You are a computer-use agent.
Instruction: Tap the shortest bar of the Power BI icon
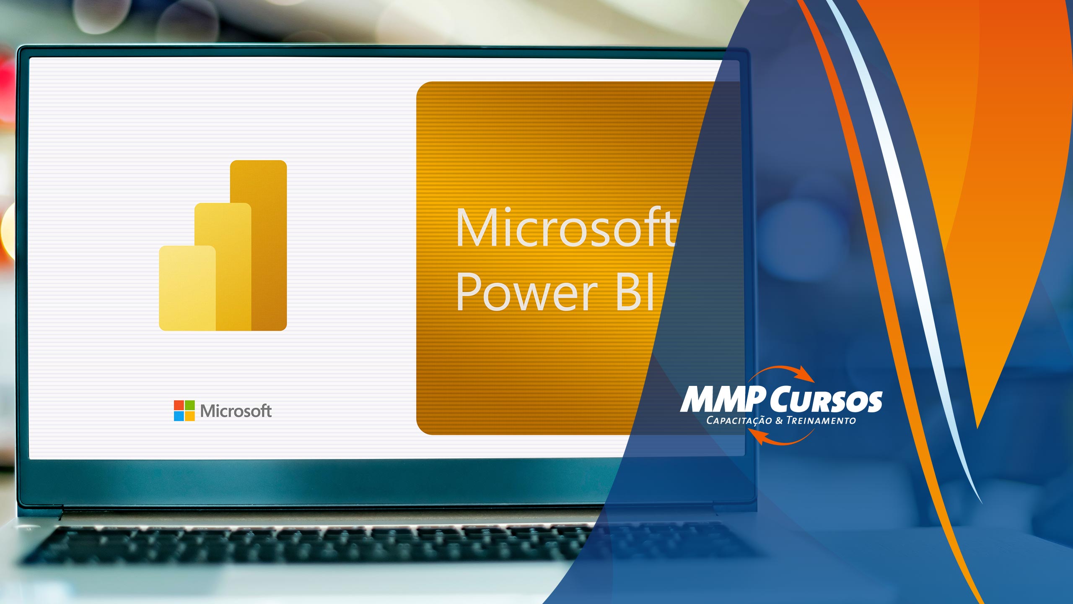[x=187, y=288]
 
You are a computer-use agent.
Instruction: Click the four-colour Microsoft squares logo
[x=184, y=411]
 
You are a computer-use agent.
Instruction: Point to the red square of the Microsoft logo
[x=179, y=405]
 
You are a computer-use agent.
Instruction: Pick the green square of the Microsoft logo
[x=190, y=405]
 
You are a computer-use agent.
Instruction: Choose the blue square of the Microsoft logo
[x=179, y=416]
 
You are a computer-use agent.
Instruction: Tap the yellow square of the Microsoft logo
[x=190, y=416]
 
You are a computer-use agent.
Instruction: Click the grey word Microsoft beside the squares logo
[x=236, y=411]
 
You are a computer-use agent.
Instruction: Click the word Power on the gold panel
[x=527, y=291]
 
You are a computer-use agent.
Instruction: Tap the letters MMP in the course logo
[x=723, y=399]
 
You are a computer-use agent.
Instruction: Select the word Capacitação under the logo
[x=739, y=421]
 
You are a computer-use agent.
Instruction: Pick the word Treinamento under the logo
[x=821, y=420]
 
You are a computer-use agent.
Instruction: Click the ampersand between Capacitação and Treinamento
[x=779, y=420]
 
